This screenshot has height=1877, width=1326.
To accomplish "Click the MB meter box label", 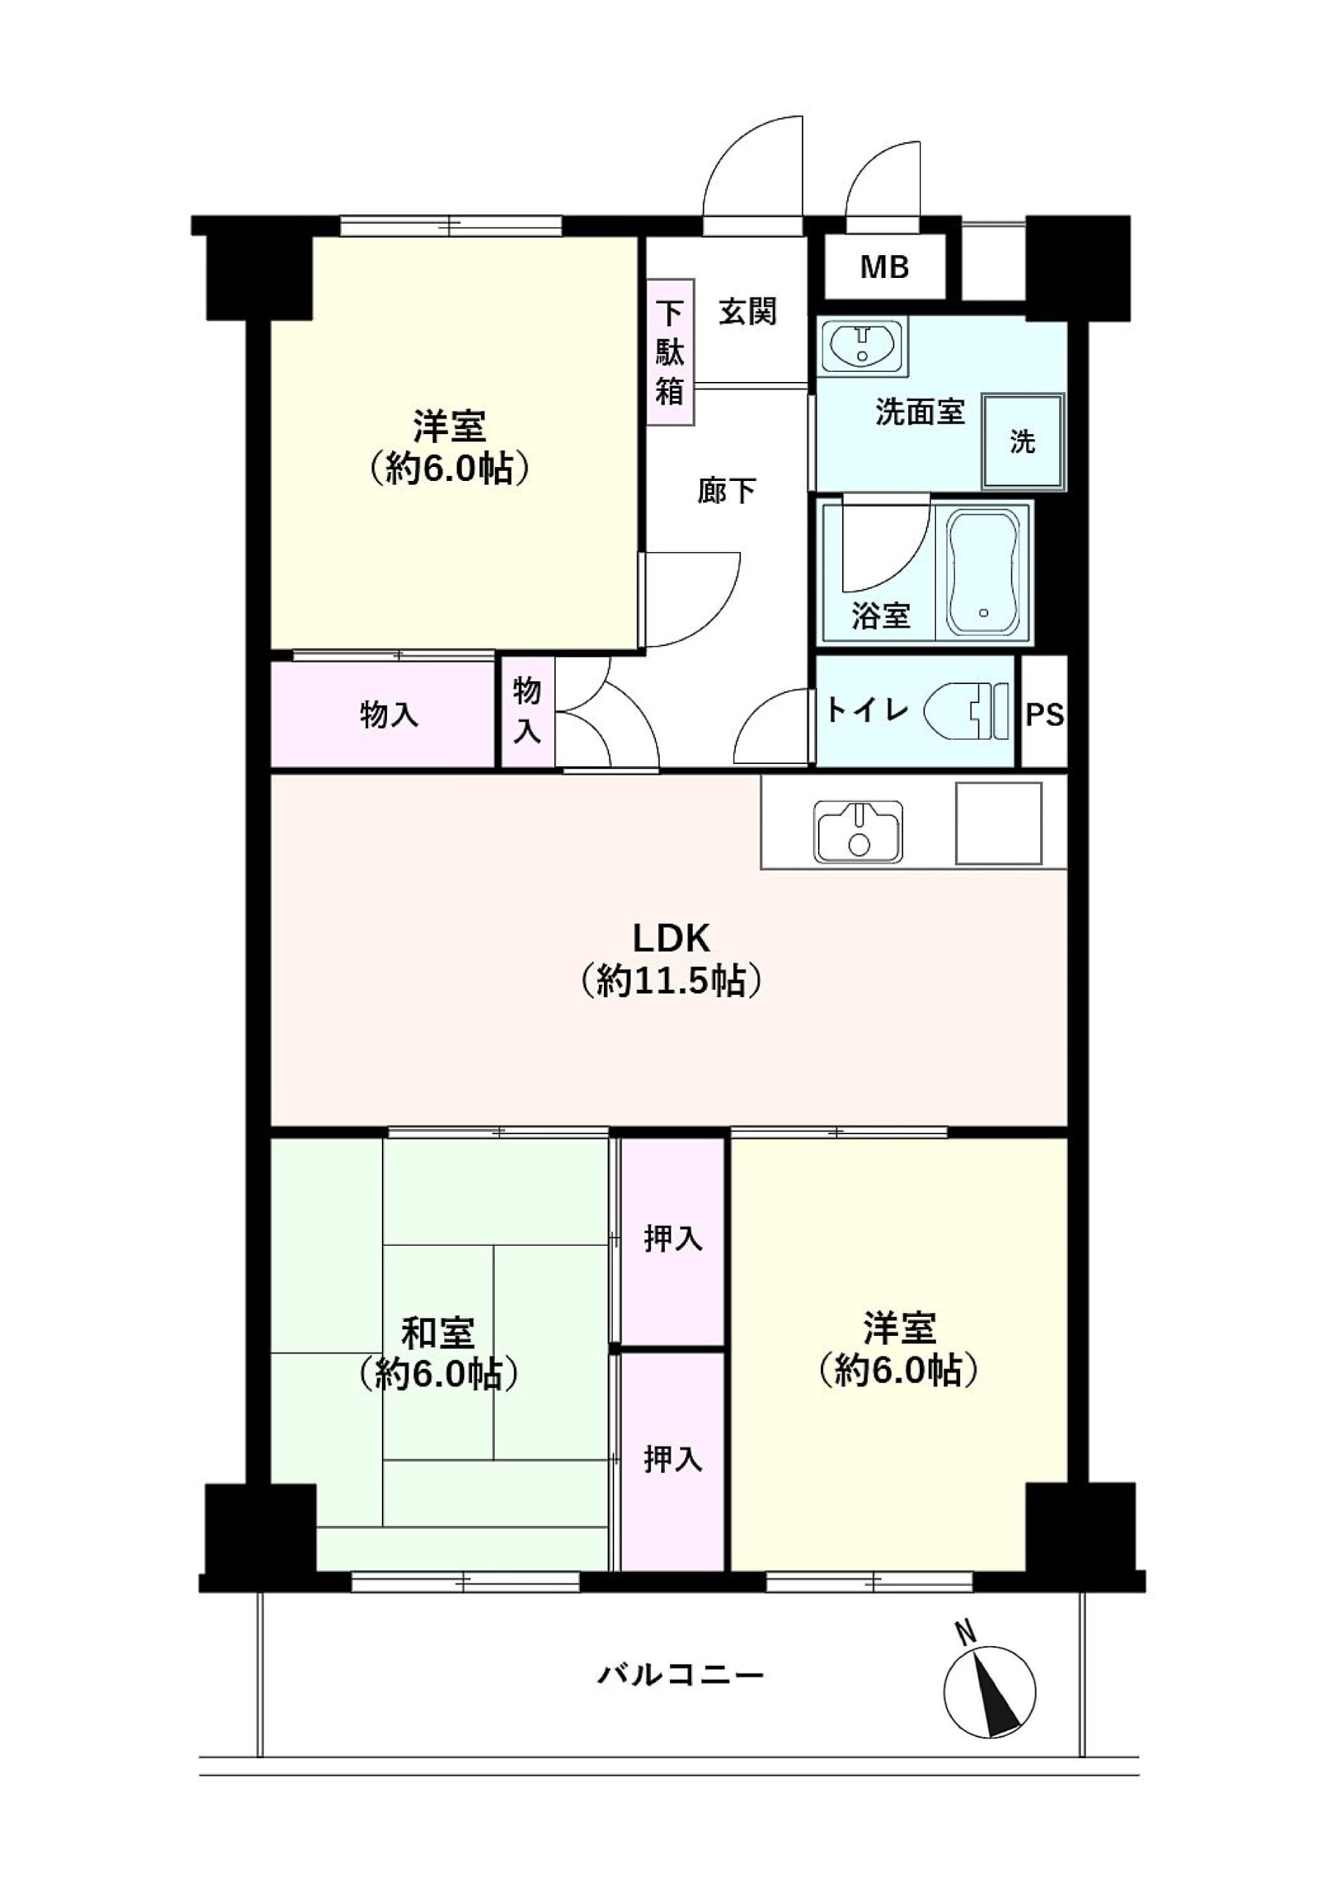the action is point(885,268).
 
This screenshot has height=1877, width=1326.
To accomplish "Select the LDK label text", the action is point(671,938).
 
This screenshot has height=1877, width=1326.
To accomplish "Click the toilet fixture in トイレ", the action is point(967,711).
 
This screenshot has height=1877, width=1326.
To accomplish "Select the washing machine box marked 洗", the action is point(1023,442).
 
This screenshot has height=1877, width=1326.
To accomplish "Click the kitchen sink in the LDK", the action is point(858,831).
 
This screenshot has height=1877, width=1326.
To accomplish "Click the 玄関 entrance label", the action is point(747,312).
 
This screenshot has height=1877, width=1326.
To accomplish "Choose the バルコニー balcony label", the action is point(680,1676).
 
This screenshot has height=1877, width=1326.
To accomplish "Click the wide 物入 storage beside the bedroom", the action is point(383,714).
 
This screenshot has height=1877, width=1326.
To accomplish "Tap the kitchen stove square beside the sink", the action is point(998,823).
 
